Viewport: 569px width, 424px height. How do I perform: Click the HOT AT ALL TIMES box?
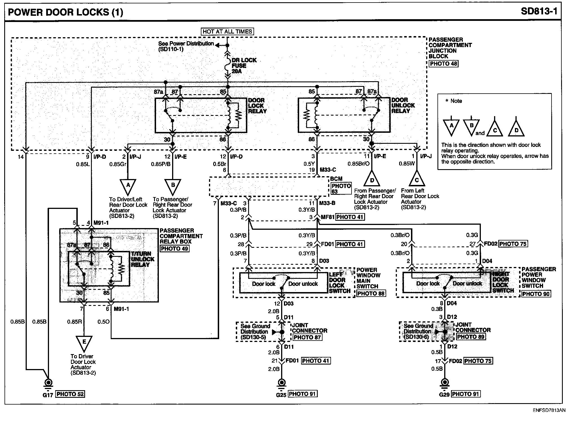pos(227,32)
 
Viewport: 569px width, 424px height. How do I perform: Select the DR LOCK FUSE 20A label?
pos(244,66)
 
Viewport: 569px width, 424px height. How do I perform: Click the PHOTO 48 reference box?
pos(443,64)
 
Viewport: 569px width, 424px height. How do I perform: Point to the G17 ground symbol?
pos(48,383)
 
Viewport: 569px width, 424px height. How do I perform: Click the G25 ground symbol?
pos(281,383)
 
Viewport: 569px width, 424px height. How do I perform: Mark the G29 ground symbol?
pos(444,383)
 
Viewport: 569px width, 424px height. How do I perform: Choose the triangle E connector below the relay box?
pos(84,343)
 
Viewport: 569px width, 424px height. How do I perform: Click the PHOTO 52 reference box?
pos(70,394)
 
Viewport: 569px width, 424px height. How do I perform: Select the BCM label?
pos(336,179)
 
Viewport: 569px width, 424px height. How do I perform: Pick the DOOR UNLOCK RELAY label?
pos(403,105)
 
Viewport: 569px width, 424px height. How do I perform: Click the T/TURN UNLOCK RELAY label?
pos(143,259)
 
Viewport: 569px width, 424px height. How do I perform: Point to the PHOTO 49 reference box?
pos(174,249)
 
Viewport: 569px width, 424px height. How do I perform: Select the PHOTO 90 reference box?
pos(536,294)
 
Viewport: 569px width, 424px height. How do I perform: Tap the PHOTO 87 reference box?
pos(307,337)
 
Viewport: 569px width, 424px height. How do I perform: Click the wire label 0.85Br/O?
pos(359,164)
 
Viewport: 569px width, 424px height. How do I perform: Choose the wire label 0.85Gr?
pos(118,164)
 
